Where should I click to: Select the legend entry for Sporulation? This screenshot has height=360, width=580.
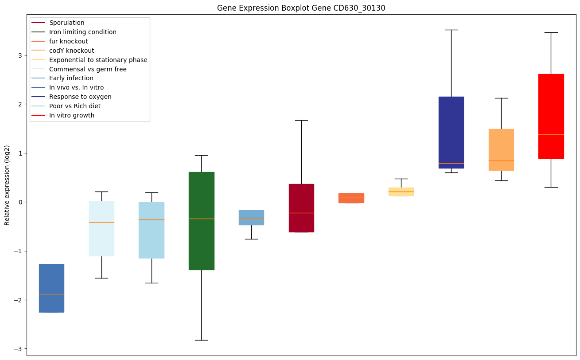pos(67,23)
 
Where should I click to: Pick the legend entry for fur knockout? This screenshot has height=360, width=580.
pos(69,41)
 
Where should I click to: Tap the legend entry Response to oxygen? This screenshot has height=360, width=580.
pos(80,97)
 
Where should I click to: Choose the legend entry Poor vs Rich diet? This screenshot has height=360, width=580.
pos(75,106)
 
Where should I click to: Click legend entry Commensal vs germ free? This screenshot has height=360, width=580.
pos(88,69)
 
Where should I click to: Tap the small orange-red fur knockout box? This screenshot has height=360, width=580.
pos(351,198)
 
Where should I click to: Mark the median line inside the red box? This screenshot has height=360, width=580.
pos(551,134)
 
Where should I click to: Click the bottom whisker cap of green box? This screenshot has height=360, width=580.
pos(201,340)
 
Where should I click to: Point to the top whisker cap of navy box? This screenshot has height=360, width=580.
pos(451,30)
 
